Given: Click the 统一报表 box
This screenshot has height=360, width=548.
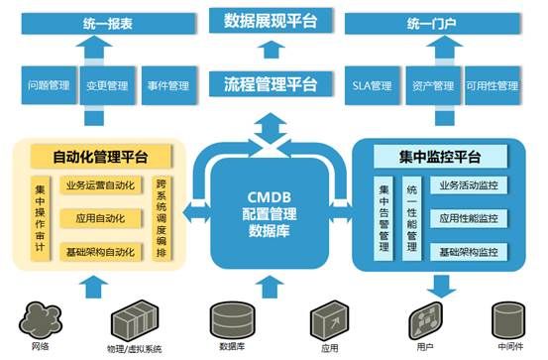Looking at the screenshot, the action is pos(108,24).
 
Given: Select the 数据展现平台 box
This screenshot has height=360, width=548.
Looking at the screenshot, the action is pos(271,21).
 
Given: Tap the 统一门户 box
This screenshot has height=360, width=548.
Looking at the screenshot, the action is pos(433,24).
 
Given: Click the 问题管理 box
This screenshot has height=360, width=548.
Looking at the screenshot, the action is pos(49,85).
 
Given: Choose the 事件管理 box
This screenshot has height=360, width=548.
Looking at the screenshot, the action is pos(168,85).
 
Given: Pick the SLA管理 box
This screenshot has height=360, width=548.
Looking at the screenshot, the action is pos(372,85).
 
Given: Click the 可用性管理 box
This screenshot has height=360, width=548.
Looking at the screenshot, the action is pos(493,85).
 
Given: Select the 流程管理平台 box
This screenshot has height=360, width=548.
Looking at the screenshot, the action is pos(271,84).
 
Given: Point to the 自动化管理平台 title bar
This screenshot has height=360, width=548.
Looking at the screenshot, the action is pos(101,157).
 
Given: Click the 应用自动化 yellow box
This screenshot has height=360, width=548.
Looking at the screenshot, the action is pos(101,218).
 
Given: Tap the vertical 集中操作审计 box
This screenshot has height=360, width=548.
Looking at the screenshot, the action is pos(41,218).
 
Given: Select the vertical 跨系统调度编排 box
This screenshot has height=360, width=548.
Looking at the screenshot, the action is pos(162,218).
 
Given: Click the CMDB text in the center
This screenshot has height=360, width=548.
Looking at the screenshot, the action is pos(270,197).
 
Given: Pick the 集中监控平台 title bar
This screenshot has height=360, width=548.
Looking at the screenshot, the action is pos(440,157).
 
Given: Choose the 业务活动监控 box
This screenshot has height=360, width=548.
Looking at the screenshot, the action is pos(469,185).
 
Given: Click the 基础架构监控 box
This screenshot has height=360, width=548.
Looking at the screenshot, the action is pos(469,252).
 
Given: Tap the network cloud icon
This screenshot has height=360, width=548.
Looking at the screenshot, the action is pos(41,321).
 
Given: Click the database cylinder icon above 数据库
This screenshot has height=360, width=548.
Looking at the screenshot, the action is pos(232,320).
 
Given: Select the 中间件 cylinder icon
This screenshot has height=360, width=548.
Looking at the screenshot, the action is pos(508,320).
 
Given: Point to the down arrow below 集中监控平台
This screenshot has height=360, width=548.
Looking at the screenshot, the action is pos(442,287).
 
